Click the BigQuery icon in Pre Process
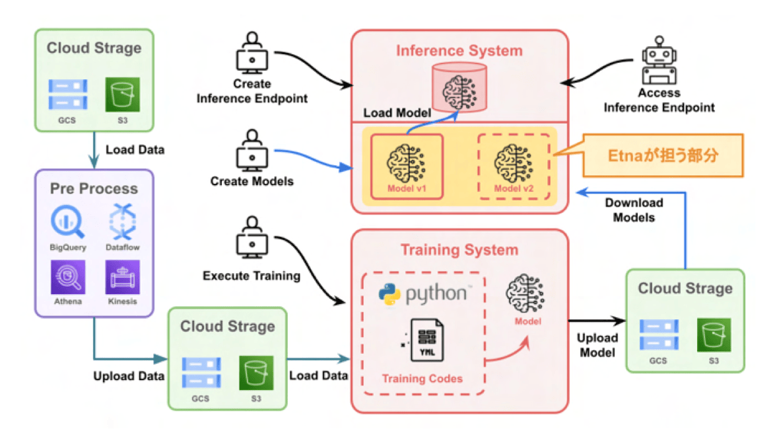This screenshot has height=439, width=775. [x=68, y=222]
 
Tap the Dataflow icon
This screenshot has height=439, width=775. [x=123, y=221]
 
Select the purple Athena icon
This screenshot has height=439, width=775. [x=68, y=277]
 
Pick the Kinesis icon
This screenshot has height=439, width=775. [x=123, y=277]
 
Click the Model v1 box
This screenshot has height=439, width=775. [x=407, y=167]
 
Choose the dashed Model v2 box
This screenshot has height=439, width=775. [x=514, y=167]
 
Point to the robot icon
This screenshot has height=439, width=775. [x=659, y=60]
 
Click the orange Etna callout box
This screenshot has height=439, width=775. [x=663, y=155]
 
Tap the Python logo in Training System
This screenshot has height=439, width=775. [x=389, y=294]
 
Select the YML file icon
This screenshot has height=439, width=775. [x=426, y=340]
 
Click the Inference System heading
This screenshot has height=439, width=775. [x=459, y=50]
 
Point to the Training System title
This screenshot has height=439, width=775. [x=459, y=250]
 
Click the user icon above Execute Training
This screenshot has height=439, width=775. [x=252, y=237]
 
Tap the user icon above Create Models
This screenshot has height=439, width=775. [x=252, y=151]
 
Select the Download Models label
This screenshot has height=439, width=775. [x=634, y=210]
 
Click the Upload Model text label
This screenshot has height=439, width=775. [x=597, y=345]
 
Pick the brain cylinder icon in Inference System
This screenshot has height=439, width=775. [x=459, y=88]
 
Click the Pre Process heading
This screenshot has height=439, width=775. [x=94, y=188]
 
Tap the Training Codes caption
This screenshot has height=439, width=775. [x=422, y=379]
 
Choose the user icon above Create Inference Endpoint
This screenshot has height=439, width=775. [x=252, y=53]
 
